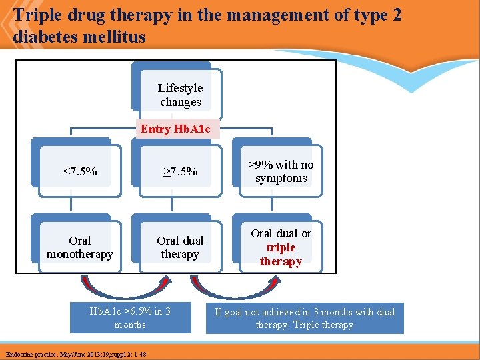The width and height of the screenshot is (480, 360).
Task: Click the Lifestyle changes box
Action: [180, 95]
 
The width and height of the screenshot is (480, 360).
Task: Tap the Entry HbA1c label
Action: [175, 129]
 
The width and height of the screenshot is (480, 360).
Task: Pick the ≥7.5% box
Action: [180, 172]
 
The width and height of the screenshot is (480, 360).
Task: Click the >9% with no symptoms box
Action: [281, 171]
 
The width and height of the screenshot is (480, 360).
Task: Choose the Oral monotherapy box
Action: [80, 247]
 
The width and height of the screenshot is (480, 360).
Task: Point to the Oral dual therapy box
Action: [180, 247]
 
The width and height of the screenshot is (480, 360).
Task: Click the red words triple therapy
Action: [281, 255]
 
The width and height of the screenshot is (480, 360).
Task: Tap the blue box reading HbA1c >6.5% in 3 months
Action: [130, 318]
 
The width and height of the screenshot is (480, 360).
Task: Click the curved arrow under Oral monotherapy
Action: [123, 287]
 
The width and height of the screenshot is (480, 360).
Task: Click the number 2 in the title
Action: [397, 15]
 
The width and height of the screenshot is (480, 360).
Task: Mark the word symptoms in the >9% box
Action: [281, 179]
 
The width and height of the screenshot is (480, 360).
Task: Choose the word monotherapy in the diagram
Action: [80, 255]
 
